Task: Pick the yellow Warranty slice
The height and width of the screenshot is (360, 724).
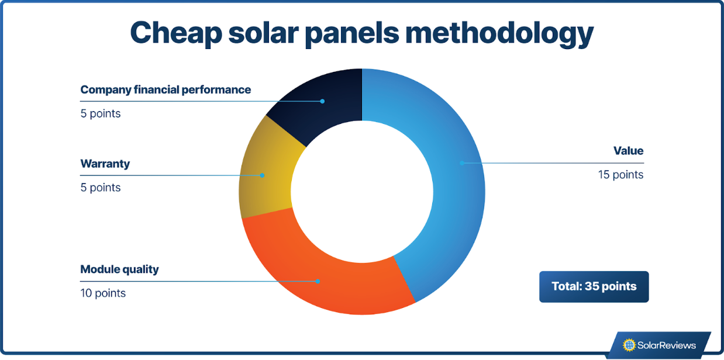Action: coord(266,175)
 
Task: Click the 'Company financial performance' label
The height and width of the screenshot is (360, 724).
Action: coord(166,89)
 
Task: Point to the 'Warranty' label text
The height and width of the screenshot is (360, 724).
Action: coord(105,164)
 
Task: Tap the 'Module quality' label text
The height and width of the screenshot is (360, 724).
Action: coord(119,269)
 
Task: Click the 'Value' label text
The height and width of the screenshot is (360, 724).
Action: coord(628,151)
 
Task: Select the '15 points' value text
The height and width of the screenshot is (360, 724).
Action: coord(620,175)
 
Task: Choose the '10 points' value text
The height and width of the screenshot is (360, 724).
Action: coord(103,293)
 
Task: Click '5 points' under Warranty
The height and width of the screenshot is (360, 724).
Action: coord(101,188)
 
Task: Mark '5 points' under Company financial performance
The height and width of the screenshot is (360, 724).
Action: coord(101,113)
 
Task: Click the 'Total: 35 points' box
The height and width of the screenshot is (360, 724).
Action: coord(594,286)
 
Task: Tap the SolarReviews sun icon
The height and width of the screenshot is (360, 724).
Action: coord(629,345)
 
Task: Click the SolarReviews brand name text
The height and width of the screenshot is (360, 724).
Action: coord(667,345)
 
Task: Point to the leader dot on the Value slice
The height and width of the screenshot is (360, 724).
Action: coord(461,163)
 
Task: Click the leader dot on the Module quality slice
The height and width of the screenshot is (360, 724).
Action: coord(318,281)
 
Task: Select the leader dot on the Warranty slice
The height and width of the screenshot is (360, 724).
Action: coord(262,175)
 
